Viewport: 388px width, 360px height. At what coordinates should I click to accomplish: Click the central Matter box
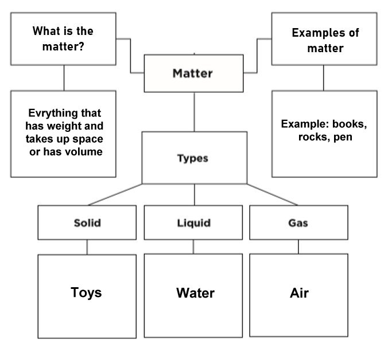[193, 73]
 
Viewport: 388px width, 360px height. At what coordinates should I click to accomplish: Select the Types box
[193, 158]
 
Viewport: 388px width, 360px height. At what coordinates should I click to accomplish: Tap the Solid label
[87, 223]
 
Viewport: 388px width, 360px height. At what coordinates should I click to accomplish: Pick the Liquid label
[193, 223]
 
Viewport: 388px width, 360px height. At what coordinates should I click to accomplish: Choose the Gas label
[298, 223]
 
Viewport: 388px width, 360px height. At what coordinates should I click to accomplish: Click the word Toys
[86, 292]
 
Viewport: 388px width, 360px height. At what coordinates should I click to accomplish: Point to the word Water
[195, 293]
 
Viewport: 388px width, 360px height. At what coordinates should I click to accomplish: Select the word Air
[299, 293]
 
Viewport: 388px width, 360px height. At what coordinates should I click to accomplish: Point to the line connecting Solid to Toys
[87, 246]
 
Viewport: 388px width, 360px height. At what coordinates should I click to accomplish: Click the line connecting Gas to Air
[298, 246]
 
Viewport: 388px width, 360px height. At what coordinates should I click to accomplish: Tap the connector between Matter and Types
[193, 112]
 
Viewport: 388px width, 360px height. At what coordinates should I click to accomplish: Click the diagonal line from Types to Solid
[115, 195]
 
